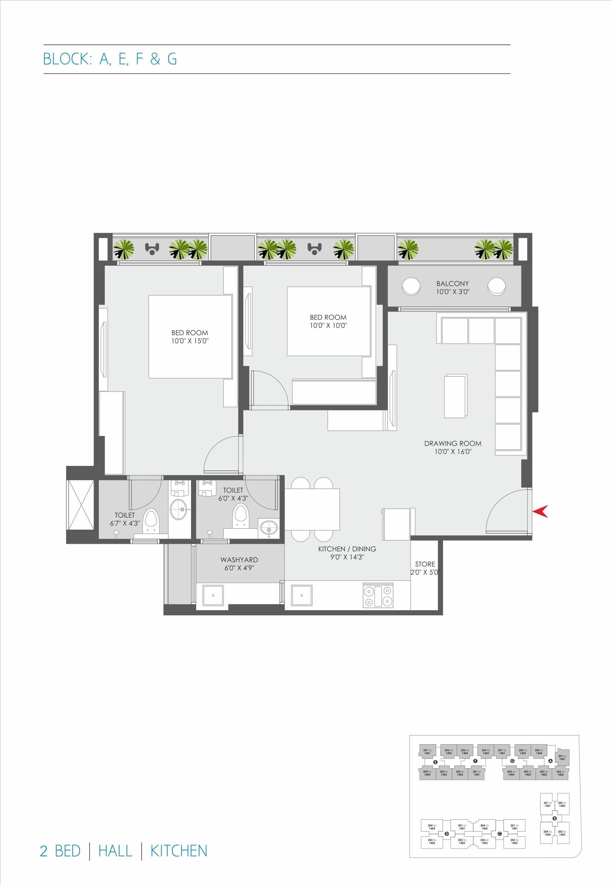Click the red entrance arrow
pyautogui.click(x=541, y=511)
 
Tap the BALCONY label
pyautogui.click(x=453, y=283)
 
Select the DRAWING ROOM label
pyautogui.click(x=453, y=444)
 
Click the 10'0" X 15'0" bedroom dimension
pyautogui.click(x=190, y=341)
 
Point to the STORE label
pyautogui.click(x=425, y=564)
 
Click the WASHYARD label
pyautogui.click(x=239, y=560)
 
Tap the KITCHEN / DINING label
pyautogui.click(x=347, y=549)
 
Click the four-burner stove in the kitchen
pyautogui.click(x=378, y=595)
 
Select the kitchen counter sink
pyautogui.click(x=302, y=595)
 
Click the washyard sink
pyautogui.click(x=213, y=595)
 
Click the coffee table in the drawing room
pyautogui.click(x=455, y=396)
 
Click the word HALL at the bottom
pyautogui.click(x=115, y=851)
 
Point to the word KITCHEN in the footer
pyautogui.click(x=179, y=851)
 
